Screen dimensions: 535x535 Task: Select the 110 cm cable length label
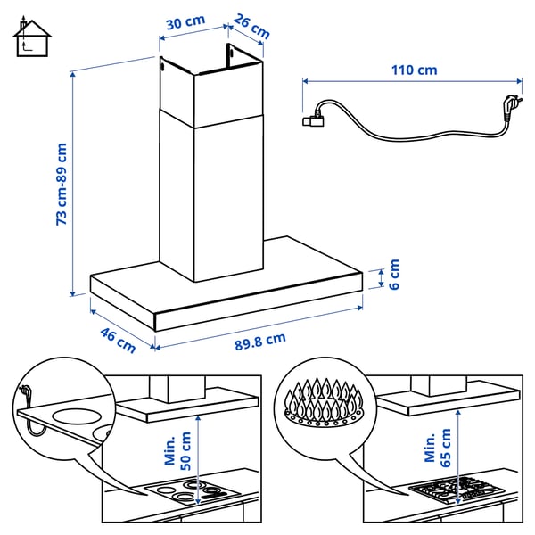tap(415, 69)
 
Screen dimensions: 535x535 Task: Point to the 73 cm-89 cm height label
tap(62, 185)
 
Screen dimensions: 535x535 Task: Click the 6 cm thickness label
tap(393, 274)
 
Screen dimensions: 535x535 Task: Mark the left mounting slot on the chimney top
tap(163, 66)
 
